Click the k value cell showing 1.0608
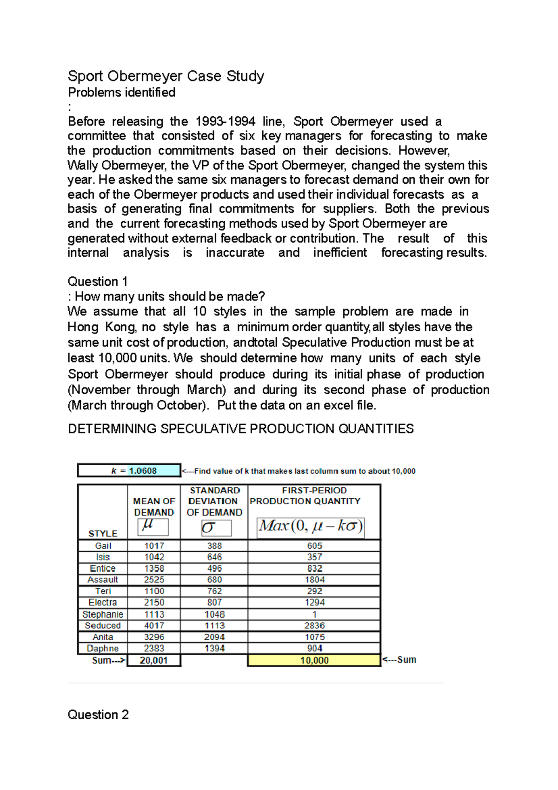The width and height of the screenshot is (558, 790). click(x=143, y=471)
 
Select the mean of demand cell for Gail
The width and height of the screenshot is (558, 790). click(x=154, y=546)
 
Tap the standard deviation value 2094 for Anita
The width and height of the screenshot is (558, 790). click(x=214, y=637)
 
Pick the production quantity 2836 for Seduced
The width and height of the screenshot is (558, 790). click(x=314, y=626)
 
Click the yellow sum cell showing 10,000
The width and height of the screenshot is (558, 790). click(x=314, y=660)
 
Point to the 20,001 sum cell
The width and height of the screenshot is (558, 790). click(x=154, y=660)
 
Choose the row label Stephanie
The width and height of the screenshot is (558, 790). click(x=103, y=615)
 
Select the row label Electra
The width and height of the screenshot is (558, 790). click(x=103, y=603)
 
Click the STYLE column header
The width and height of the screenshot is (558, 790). click(x=103, y=534)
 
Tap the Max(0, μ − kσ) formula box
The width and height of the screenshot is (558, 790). click(x=311, y=527)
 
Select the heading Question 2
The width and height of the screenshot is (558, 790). click(x=98, y=715)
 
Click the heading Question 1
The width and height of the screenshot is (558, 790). click(x=98, y=281)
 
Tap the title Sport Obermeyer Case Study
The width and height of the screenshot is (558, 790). click(x=166, y=76)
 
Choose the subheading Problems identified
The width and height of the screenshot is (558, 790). click(x=122, y=92)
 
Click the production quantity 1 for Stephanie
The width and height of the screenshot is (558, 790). click(x=314, y=615)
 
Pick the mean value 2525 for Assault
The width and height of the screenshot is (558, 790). click(x=154, y=580)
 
